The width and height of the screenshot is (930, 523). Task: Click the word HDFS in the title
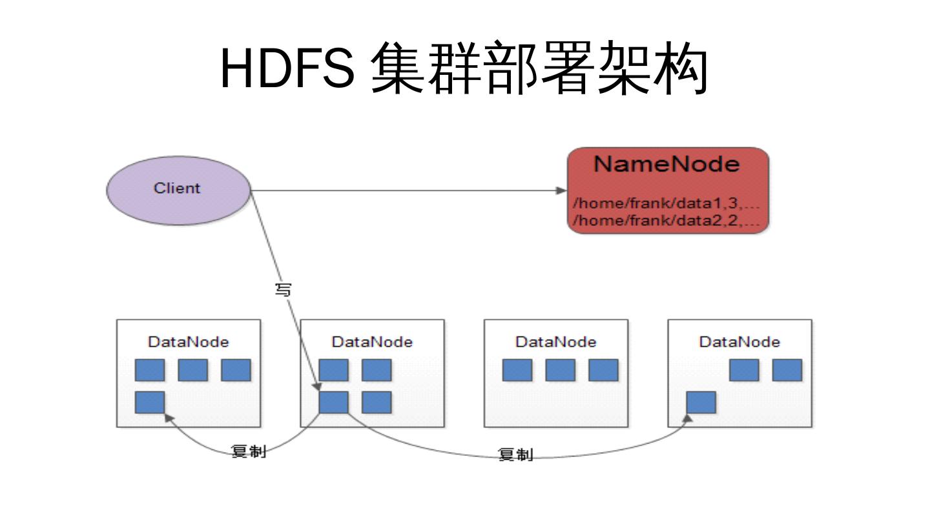coord(287,68)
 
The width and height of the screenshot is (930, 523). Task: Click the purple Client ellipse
coord(178,190)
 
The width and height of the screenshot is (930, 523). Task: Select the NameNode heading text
coord(666,164)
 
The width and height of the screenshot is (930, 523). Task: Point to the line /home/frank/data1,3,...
coord(666,203)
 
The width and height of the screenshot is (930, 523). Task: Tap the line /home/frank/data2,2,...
coord(666,220)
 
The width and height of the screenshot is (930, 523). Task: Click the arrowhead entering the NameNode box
coord(561,190)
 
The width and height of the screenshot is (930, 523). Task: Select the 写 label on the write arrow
coord(283,290)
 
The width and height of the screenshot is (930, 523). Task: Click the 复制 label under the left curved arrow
coord(249,451)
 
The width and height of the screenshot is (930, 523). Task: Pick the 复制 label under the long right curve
coord(515,455)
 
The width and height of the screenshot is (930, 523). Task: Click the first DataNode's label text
coord(189,342)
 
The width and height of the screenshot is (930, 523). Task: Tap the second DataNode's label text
coord(372,342)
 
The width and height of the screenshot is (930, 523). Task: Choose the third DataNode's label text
coord(556,342)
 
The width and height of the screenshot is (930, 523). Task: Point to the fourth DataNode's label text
coord(739,342)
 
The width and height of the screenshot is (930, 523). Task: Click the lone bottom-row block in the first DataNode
coord(150,402)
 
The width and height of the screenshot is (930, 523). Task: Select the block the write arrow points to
coord(333,402)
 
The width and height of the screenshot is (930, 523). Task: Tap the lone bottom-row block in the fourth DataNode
coord(701,402)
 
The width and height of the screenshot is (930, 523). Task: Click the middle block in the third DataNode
coord(561,370)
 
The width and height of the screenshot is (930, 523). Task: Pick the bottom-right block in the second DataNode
coord(377,402)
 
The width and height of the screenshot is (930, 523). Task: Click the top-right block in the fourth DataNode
coord(787,370)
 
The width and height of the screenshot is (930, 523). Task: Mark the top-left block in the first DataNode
coord(150,370)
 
